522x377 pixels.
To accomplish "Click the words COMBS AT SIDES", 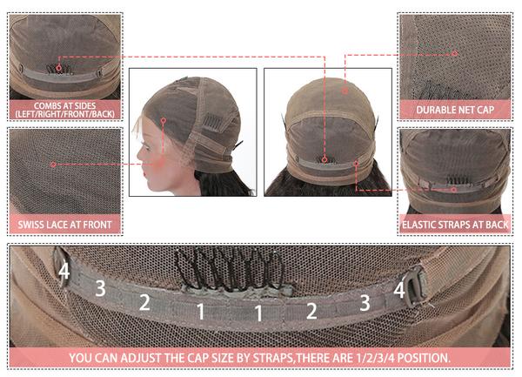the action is pos(64,106).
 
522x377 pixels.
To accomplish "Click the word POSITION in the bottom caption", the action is pos(424,358).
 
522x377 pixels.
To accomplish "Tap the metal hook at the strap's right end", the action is pos(416,288).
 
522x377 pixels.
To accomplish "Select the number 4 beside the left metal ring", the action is pos(64,271).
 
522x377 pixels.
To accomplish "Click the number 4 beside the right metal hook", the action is pos(399,290).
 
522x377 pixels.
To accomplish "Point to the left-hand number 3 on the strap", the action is pos(101,288).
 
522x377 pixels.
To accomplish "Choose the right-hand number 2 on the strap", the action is pos(311,311).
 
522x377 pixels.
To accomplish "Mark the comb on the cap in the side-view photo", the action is pos(211,123).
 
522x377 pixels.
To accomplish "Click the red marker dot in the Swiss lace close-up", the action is pos(53,165).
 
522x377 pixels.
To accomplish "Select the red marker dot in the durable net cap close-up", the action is pos(455,53).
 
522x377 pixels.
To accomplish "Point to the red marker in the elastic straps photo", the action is pos(454,190).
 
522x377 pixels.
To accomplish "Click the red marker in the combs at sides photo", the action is pos(58,68).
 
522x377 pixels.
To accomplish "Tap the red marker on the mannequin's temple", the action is pos(164,120).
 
